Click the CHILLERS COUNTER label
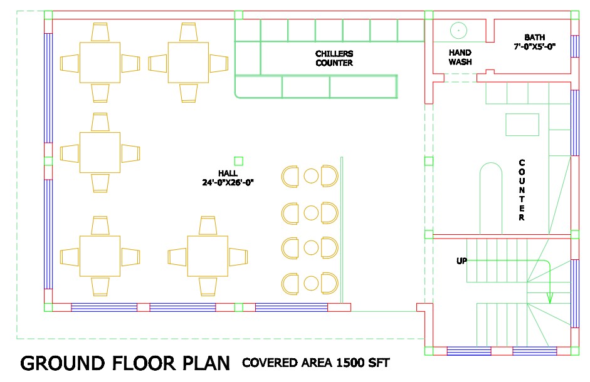(334, 58)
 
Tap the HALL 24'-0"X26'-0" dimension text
(228, 178)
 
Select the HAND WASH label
(460, 57)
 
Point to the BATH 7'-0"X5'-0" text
(535, 42)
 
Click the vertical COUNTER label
(522, 190)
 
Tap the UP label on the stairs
(461, 261)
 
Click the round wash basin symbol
(458, 30)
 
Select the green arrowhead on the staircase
(550, 298)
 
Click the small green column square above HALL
(238, 161)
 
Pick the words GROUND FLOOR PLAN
(125, 363)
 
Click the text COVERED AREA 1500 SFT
(316, 363)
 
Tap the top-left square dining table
(100, 63)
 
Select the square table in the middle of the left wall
(100, 152)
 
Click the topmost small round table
(311, 176)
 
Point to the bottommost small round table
(311, 283)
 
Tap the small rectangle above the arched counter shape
(522, 124)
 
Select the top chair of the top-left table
(100, 32)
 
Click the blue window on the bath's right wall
(574, 46)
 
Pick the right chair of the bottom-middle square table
(238, 257)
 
